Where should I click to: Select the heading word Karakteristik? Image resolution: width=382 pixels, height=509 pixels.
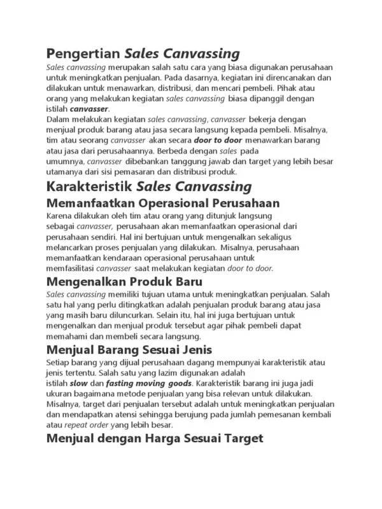pyautogui.click(x=89, y=187)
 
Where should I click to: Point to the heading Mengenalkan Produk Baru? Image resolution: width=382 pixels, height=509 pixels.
pyautogui.click(x=125, y=281)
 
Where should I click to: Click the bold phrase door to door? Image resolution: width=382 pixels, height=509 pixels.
pyautogui.click(x=212, y=140)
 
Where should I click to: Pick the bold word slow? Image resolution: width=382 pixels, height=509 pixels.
pyautogui.click(x=78, y=384)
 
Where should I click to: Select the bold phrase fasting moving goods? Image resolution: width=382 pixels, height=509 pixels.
pyautogui.click(x=148, y=384)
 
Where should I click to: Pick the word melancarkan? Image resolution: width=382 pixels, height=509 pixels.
pyautogui.click(x=72, y=248)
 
